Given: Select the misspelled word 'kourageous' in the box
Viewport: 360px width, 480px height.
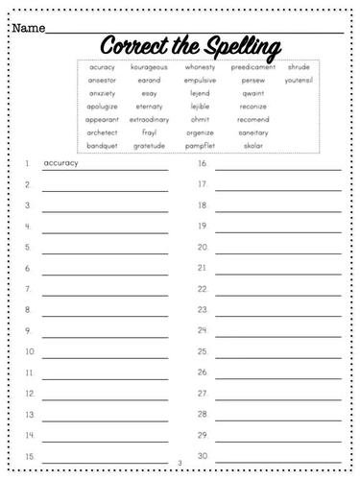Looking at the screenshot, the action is (x=149, y=67).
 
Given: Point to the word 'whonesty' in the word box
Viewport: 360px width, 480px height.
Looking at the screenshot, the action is (x=200, y=67).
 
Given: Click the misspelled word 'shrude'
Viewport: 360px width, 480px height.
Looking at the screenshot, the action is (x=298, y=67).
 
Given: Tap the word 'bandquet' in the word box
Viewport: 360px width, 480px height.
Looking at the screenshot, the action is (x=102, y=145).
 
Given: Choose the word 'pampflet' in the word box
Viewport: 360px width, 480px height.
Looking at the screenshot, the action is (x=200, y=145).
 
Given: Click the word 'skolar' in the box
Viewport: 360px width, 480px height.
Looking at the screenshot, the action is (x=253, y=145).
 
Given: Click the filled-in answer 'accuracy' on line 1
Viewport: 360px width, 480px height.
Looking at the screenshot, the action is (x=61, y=163).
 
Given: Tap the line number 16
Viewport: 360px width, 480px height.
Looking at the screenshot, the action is (x=204, y=164).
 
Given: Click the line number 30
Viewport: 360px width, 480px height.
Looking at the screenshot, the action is (x=204, y=456).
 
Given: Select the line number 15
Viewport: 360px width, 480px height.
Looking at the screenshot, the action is (x=30, y=456).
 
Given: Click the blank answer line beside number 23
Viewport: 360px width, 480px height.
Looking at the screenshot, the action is (x=277, y=314).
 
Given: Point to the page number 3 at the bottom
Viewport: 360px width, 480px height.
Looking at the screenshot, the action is (x=180, y=465).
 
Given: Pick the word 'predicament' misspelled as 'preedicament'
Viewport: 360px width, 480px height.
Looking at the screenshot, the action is (x=253, y=67).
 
